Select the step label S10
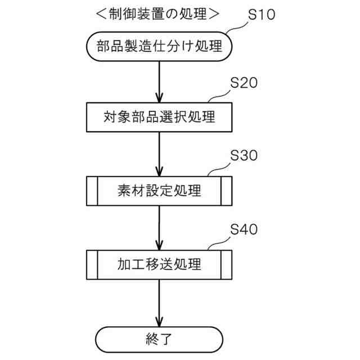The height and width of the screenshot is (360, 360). (x=262, y=15)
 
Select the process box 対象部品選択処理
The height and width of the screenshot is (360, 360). (x=160, y=118)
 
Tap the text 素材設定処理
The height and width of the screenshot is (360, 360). (x=160, y=191)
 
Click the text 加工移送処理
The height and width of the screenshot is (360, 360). (x=160, y=264)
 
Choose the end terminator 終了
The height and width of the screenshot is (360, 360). (x=160, y=339)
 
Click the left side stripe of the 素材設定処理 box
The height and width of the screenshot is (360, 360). (x=93, y=191)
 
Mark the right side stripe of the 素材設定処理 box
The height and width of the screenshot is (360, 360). (x=226, y=191)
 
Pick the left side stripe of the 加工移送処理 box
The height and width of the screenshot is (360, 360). (x=93, y=264)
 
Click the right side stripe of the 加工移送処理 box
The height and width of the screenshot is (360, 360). (x=226, y=264)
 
